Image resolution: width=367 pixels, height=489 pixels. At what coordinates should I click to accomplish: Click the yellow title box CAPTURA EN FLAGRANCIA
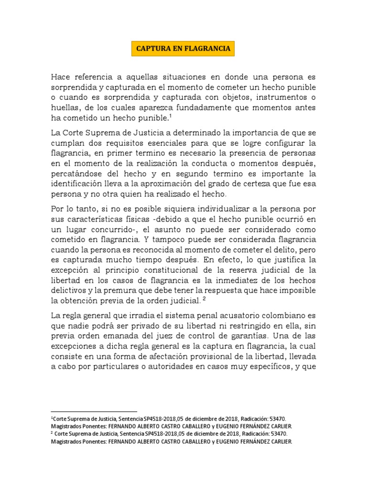(x=183, y=49)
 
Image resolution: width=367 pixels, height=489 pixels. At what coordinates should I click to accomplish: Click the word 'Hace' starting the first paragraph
(x=62, y=77)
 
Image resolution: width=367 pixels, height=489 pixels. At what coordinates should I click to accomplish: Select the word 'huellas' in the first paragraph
(x=65, y=108)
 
